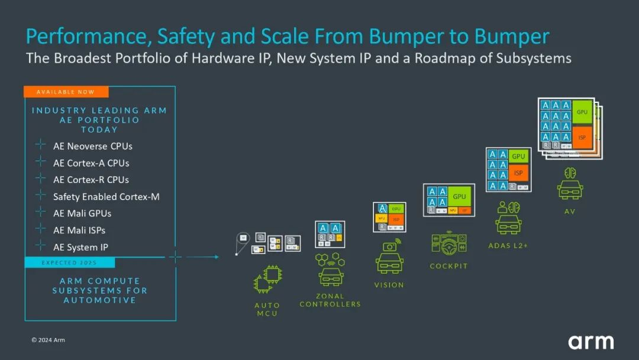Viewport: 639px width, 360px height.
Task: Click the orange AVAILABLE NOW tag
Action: (x=66, y=92)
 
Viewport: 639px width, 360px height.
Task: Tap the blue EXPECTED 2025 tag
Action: (x=69, y=262)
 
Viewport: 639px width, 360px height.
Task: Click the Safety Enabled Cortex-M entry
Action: (x=106, y=197)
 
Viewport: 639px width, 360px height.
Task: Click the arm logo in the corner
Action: (x=590, y=342)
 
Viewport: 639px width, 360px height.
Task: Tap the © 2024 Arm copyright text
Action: (x=48, y=340)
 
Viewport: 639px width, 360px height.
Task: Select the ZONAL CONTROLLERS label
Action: (x=330, y=300)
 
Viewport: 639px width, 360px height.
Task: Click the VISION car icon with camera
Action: (x=389, y=258)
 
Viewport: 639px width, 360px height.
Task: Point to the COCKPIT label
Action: (x=448, y=266)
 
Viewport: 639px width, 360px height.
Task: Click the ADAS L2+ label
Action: (x=508, y=245)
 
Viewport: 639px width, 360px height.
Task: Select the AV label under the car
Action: (x=570, y=211)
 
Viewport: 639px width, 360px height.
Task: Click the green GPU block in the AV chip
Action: (x=582, y=112)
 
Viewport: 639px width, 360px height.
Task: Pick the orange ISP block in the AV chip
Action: (x=582, y=137)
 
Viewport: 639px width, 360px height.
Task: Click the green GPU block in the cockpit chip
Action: (x=459, y=196)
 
